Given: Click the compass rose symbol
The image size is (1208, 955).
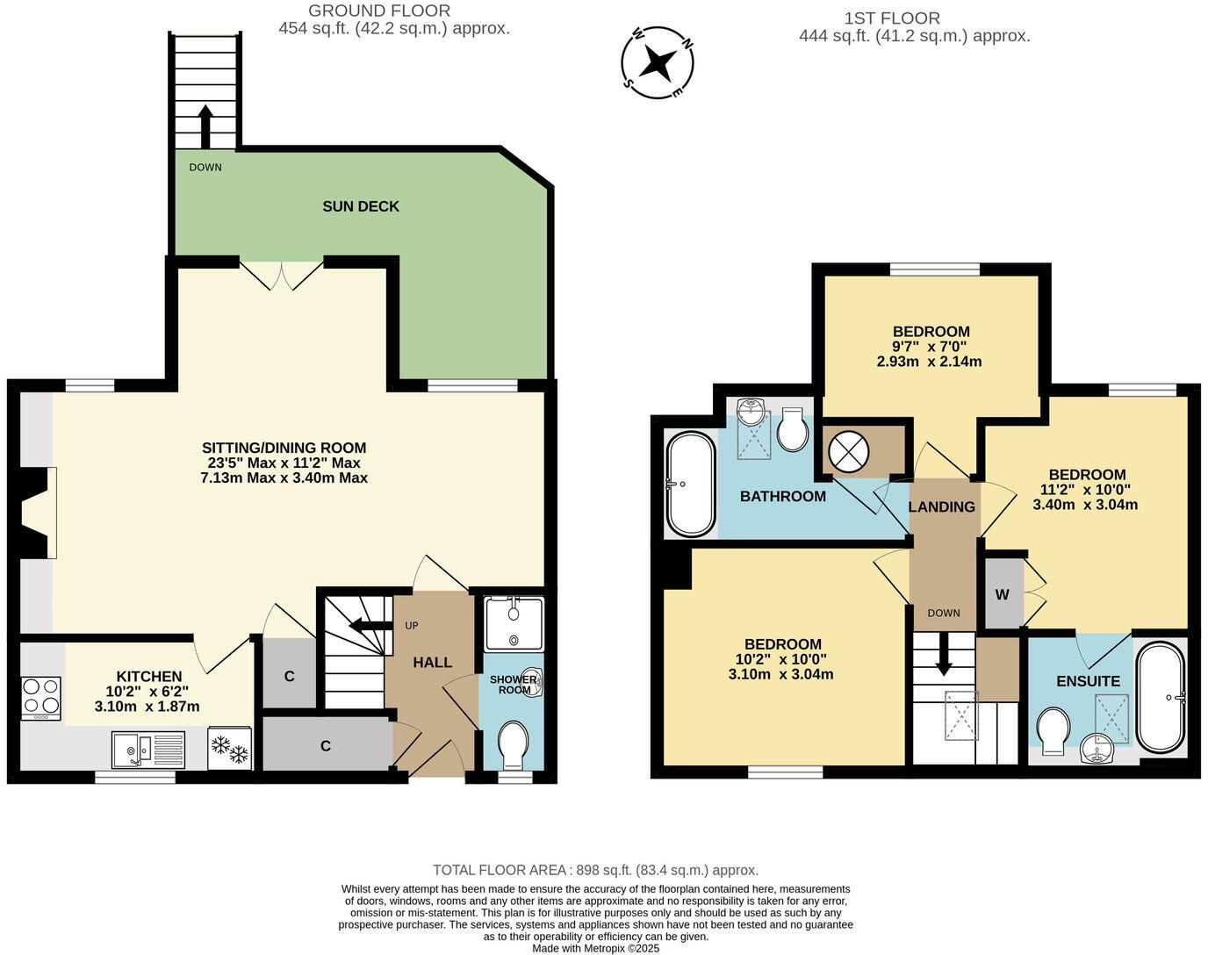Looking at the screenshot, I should [x=658, y=62].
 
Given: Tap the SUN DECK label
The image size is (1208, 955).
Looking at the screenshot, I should [x=360, y=206].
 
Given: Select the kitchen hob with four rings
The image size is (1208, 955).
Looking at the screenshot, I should [x=40, y=698].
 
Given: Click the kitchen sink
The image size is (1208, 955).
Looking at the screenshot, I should [x=147, y=750].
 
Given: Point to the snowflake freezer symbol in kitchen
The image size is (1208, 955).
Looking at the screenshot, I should [x=229, y=749].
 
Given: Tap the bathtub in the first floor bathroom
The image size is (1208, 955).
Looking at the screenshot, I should [x=692, y=484].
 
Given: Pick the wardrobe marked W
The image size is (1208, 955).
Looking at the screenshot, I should [x=1003, y=594].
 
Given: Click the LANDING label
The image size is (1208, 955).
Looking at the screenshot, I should [x=941, y=506].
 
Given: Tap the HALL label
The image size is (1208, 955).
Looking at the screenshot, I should [x=432, y=662].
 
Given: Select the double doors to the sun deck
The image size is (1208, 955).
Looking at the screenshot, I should [x=282, y=274].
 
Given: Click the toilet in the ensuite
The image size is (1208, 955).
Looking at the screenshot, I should [x=1052, y=730].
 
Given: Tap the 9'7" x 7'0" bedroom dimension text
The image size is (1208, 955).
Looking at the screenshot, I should [x=931, y=347].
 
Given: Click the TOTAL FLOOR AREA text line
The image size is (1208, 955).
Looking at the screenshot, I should [x=595, y=870].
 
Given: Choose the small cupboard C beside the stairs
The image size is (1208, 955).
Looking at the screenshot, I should [x=288, y=676].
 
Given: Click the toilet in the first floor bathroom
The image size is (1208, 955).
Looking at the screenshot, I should [x=793, y=428].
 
